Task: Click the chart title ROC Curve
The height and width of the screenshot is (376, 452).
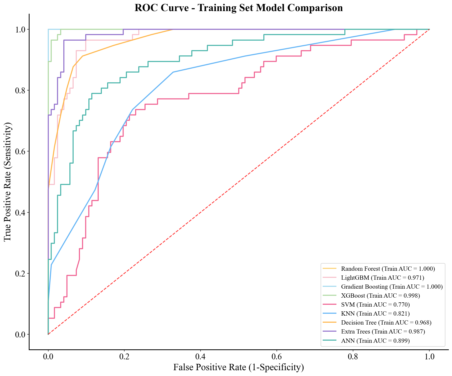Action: [239, 8]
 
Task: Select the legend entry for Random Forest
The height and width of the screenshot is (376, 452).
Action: [388, 269]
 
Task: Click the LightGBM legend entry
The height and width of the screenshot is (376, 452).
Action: [382, 278]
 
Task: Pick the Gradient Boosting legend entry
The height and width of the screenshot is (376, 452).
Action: [392, 287]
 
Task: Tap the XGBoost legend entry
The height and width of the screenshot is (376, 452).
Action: [380, 296]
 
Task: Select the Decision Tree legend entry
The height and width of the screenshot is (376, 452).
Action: [386, 322]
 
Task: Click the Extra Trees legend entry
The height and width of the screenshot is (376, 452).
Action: [383, 331]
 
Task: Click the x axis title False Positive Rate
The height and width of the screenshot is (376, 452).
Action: [239, 368]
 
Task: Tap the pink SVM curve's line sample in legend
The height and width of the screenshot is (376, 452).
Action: [330, 305]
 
